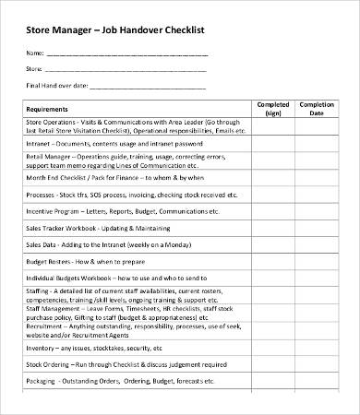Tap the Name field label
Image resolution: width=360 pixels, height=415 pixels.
pyautogui.click(x=34, y=53)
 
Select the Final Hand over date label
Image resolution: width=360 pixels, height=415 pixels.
pyautogui.click(x=57, y=86)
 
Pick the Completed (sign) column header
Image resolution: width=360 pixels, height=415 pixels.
pyautogui.click(x=272, y=109)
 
